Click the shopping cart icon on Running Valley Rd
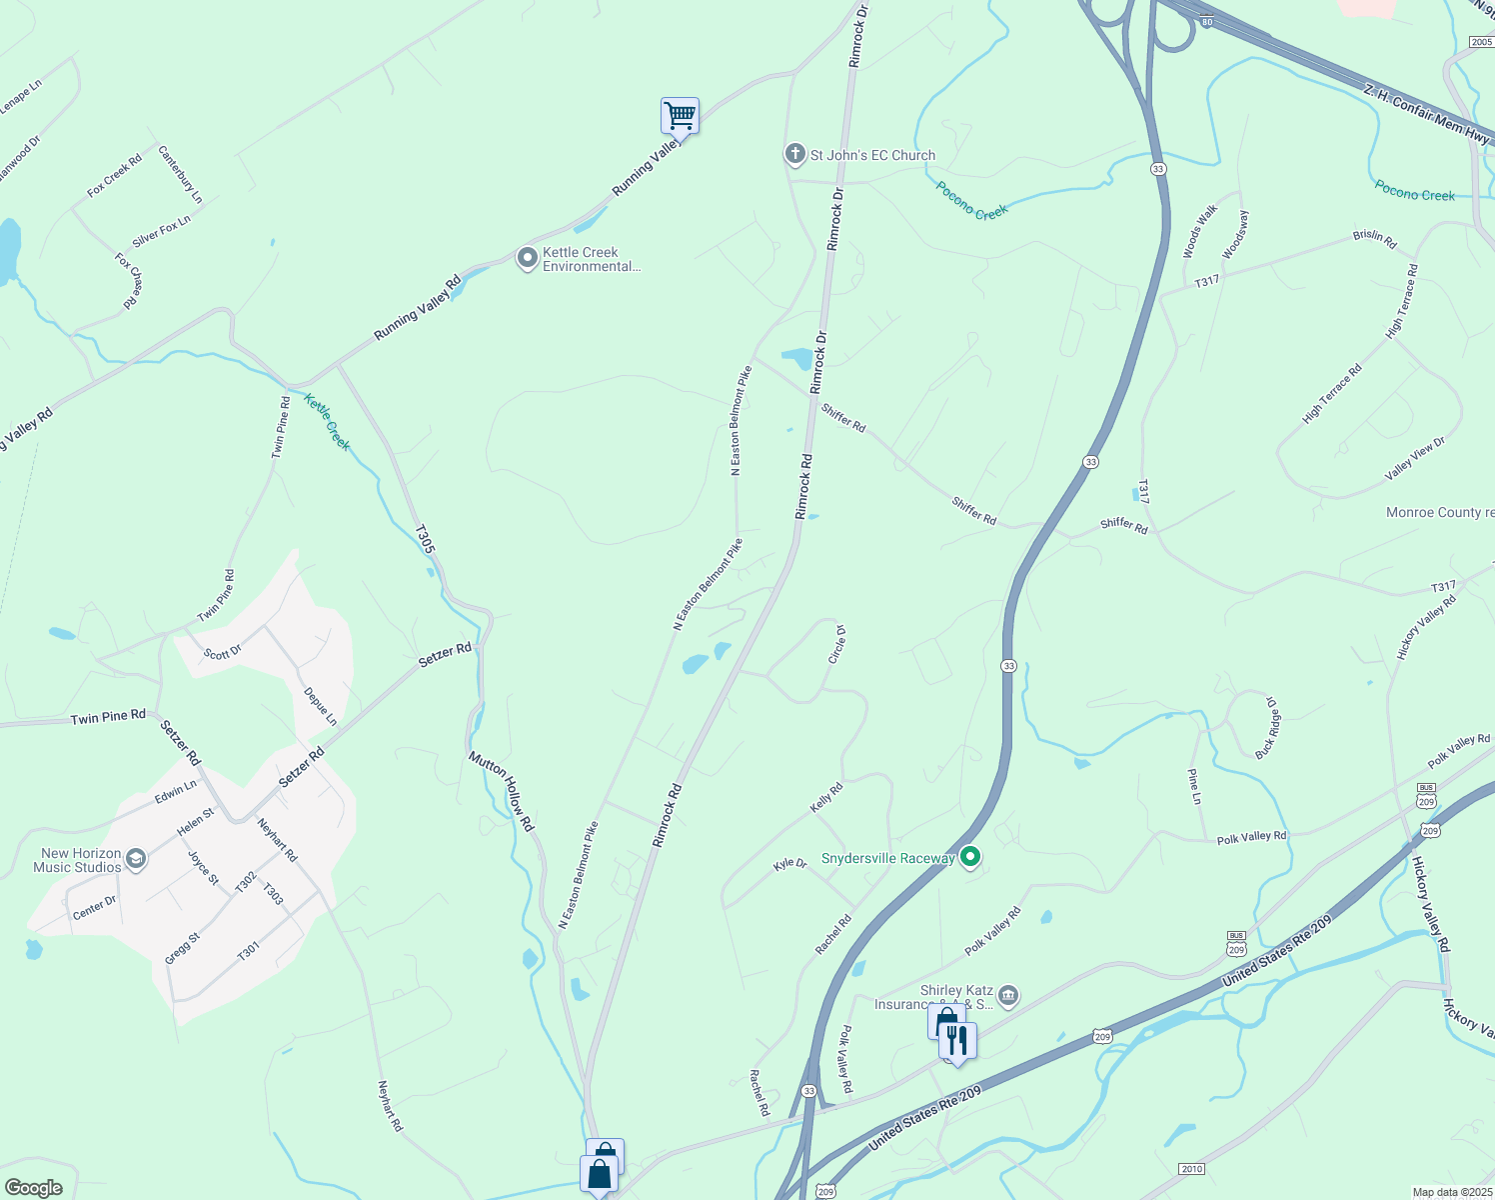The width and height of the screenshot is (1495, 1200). [680, 116]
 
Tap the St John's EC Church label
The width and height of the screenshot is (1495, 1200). [872, 155]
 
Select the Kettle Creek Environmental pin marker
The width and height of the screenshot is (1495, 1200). [527, 259]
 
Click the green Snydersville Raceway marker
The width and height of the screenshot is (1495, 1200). [969, 858]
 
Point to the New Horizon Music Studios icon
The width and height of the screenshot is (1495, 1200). [137, 859]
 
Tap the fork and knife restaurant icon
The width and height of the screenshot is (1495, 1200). [957, 1041]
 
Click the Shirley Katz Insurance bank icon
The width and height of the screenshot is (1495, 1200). [1008, 995]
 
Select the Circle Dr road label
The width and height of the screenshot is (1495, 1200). [837, 644]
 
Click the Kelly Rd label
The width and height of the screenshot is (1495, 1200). [826, 797]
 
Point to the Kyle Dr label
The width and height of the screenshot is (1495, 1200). [789, 863]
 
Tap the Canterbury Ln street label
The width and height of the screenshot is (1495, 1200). [181, 174]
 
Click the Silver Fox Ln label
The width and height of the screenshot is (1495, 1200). [161, 231]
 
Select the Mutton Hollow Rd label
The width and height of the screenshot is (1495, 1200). [502, 791]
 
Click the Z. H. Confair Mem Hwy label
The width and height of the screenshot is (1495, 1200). [1426, 114]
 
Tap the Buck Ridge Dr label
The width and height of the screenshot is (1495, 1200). [1267, 726]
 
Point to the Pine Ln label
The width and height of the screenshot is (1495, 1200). [1193, 786]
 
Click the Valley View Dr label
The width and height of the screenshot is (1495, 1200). [1415, 458]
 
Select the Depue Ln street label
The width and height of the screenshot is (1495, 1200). [321, 706]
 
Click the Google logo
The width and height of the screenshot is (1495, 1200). [34, 1188]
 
